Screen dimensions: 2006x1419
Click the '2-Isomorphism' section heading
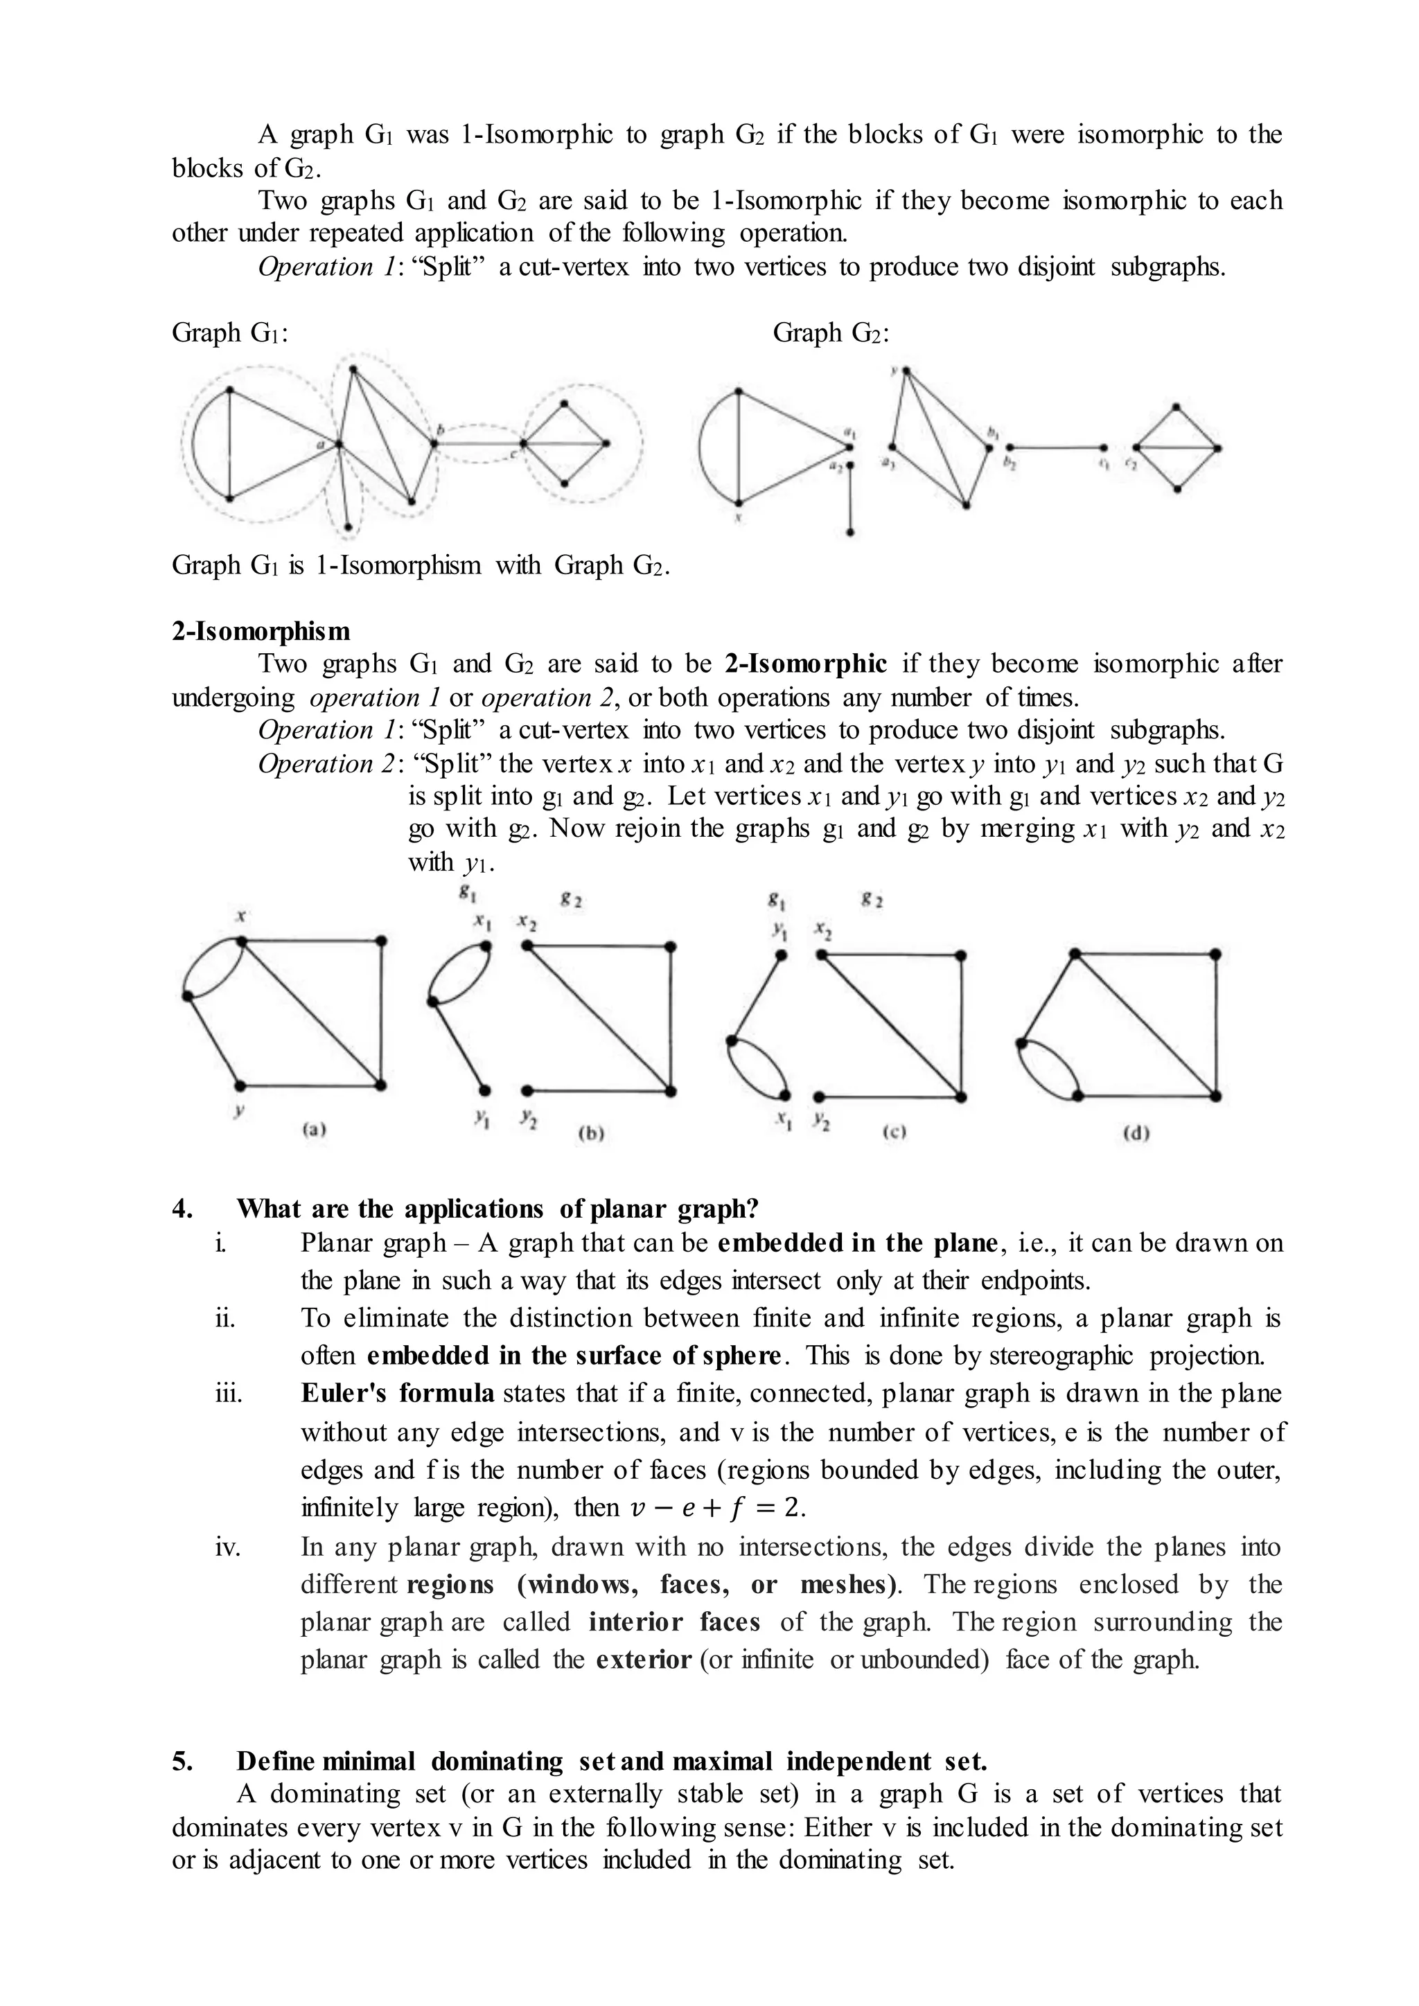click(x=261, y=631)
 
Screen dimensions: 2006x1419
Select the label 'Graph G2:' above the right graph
click(x=831, y=333)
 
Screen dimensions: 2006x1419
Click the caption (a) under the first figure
click(x=314, y=1129)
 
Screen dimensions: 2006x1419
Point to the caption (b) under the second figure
click(x=592, y=1134)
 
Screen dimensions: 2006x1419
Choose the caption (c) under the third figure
click(x=894, y=1133)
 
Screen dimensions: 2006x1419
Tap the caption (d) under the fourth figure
click(x=1135, y=1134)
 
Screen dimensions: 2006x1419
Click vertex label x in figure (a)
click(x=240, y=916)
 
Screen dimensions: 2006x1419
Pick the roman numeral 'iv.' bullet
click(x=228, y=1547)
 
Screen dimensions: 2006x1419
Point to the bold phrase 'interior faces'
click(x=673, y=1622)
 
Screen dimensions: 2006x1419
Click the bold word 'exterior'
click(x=643, y=1660)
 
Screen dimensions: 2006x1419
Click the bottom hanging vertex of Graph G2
click(x=851, y=531)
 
